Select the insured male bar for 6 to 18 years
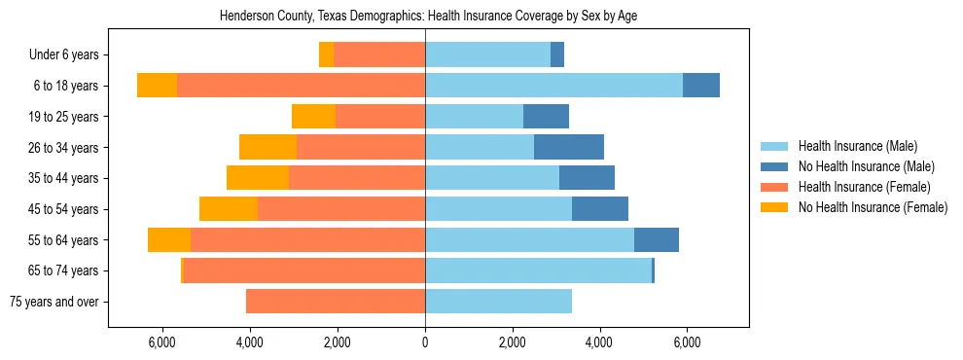(553, 86)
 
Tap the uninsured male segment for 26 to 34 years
(569, 147)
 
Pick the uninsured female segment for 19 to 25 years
(313, 117)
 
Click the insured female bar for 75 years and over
(336, 302)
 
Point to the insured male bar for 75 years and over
(498, 302)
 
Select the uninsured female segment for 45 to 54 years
(229, 209)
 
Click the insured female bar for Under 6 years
(379, 55)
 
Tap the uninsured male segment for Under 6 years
(557, 55)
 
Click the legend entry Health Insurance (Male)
(857, 146)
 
